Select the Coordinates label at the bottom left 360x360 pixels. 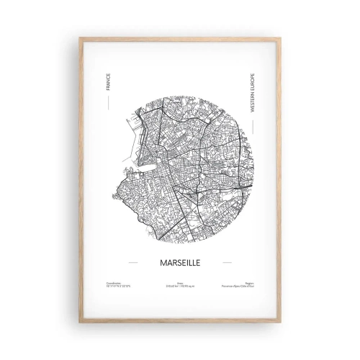point(113,283)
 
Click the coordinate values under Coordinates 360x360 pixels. point(117,287)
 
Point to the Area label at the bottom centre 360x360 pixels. point(180,283)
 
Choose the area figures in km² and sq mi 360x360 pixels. point(180,287)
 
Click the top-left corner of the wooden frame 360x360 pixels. point(80,38)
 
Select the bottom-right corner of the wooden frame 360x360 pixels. point(281,321)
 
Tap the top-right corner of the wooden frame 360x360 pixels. point(281,38)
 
